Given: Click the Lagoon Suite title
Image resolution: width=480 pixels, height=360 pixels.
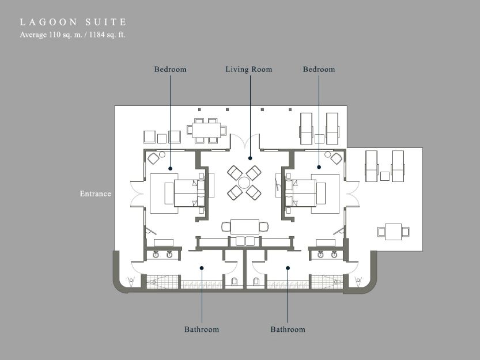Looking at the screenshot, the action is click(x=73, y=22).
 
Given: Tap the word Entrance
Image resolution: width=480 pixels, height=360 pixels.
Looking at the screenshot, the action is click(x=95, y=194).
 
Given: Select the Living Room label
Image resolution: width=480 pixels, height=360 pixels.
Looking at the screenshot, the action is click(x=248, y=70).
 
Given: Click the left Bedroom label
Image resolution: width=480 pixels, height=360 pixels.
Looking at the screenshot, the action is click(x=170, y=70).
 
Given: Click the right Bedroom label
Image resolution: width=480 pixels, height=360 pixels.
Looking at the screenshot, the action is click(x=319, y=70).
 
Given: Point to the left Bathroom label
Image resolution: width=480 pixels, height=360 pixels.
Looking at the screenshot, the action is click(x=202, y=329).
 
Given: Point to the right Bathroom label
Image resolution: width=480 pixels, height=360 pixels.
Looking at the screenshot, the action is click(x=288, y=329).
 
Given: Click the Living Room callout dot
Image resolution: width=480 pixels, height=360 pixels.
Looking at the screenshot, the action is click(x=250, y=158).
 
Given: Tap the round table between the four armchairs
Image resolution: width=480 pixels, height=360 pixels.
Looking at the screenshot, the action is click(x=244, y=183).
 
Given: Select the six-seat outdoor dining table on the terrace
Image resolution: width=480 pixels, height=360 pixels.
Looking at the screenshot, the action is click(x=207, y=130).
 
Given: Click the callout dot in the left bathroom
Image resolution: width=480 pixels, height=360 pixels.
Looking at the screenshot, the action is click(x=202, y=268).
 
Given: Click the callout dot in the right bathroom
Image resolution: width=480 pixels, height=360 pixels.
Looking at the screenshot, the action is click(x=288, y=268).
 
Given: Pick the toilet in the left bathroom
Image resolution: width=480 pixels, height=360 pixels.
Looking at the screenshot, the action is click(x=234, y=282).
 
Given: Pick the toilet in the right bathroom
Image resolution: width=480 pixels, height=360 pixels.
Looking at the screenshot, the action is click(x=256, y=282).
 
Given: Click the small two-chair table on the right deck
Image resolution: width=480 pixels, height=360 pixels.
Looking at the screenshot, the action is click(x=393, y=232).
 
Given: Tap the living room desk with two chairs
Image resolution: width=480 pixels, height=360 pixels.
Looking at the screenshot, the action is click(x=245, y=227).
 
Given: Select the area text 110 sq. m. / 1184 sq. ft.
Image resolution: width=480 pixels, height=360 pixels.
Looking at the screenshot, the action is click(x=87, y=35).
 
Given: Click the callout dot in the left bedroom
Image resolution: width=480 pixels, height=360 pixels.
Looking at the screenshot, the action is click(x=170, y=168).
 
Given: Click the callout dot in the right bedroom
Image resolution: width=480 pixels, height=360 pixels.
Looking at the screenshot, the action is click(x=319, y=167).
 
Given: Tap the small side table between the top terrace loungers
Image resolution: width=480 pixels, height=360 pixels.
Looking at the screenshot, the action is click(x=319, y=139).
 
